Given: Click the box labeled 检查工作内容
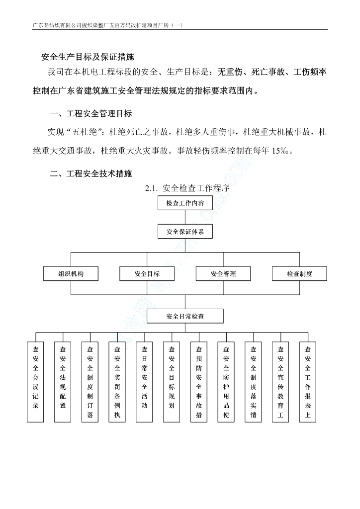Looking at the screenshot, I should tap(185, 203).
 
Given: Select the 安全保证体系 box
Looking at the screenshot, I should tap(185, 231).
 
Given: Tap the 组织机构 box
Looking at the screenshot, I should tap(71, 274).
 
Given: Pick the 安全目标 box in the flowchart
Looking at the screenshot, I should tap(147, 274).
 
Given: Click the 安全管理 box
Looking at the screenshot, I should tap(223, 274).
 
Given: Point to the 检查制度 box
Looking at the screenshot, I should tap(299, 274).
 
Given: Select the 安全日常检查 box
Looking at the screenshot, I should tap(185, 316).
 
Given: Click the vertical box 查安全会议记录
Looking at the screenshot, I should tap(35, 382).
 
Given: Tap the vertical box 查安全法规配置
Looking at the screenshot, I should tap(63, 382).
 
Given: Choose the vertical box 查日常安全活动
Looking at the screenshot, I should tap(144, 382).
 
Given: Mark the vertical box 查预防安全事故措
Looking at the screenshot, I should tap(199, 382).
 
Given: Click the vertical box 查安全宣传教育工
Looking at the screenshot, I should tap(280, 382).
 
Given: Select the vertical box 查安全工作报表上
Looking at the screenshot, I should tap(307, 382).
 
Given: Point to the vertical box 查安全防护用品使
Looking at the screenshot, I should tap(226, 382).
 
